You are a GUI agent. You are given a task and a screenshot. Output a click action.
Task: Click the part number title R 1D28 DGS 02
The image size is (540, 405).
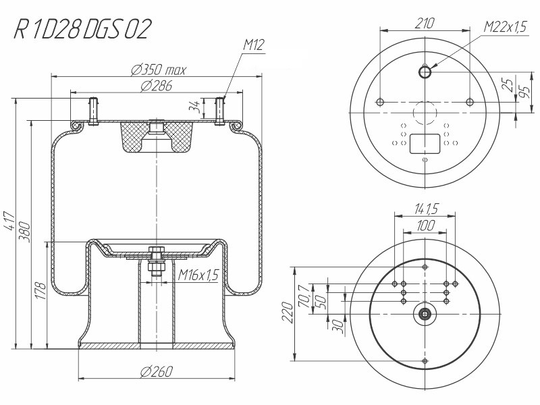point(82,29)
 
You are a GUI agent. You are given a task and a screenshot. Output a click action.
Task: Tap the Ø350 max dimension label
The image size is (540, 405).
point(159,70)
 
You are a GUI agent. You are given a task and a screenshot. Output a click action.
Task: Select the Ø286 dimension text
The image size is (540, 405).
point(156,86)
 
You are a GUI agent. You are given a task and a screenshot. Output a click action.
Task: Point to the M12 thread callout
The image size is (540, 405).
point(254,45)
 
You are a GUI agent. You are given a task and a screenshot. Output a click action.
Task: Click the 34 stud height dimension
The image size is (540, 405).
point(194,106)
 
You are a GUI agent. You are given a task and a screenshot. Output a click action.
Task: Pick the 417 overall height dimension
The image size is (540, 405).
point(9,221)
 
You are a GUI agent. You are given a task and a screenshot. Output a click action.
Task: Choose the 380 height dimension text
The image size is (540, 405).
point(25,232)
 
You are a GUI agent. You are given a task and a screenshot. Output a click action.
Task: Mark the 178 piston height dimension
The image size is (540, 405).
point(40,291)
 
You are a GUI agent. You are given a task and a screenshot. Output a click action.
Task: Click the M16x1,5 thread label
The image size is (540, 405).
point(198,275)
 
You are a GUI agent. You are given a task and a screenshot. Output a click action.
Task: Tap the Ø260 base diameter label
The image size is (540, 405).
point(157,372)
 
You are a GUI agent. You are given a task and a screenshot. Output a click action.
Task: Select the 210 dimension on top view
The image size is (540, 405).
point(425,24)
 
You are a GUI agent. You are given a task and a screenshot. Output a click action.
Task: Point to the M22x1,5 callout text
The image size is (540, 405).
point(506,26)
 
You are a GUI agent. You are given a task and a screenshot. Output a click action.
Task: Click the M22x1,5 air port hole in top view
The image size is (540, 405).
point(425,72)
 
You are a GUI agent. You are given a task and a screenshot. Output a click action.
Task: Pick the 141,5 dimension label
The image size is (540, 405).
point(425,209)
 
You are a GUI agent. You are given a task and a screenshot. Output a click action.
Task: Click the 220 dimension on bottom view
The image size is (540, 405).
point(288,313)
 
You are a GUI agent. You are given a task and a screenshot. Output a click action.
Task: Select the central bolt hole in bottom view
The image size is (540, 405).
point(425,314)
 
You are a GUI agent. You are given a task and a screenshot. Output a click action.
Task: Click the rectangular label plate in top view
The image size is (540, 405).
point(425,144)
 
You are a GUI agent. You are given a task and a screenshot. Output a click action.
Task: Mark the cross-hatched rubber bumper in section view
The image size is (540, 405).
point(157,136)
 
